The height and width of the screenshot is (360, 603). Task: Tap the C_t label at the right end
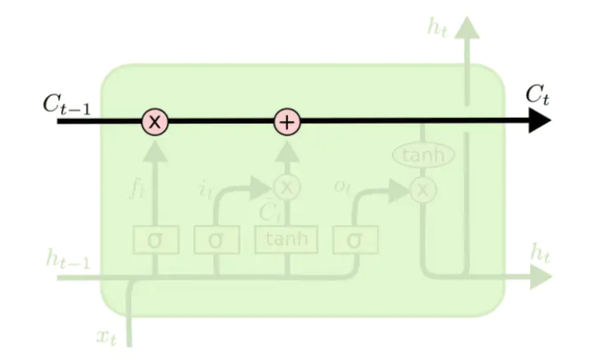coord(537,95)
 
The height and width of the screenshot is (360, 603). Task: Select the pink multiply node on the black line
coord(155,122)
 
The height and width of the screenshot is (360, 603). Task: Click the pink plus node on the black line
coord(287,122)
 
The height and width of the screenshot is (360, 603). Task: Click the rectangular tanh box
coord(286,240)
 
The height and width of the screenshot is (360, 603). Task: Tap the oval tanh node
coord(423,155)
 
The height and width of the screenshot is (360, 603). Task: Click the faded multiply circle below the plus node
coord(287,188)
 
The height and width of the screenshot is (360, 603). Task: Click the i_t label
coord(204,189)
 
